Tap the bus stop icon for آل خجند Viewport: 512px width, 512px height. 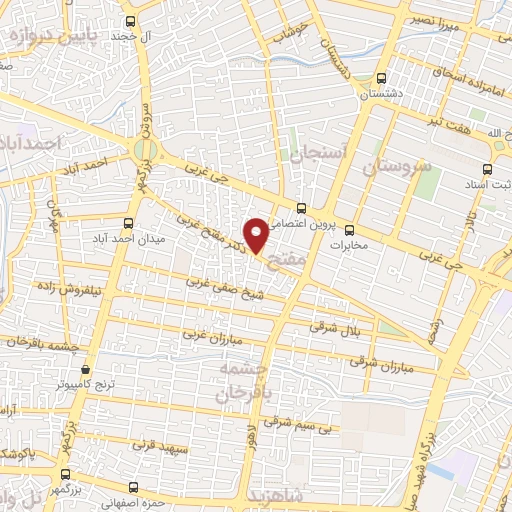click(x=130, y=21)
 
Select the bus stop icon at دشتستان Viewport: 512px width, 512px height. click(x=380, y=77)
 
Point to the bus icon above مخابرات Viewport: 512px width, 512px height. click(x=349, y=230)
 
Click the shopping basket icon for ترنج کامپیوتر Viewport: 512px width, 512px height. click(x=85, y=368)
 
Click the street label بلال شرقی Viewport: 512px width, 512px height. click(x=338, y=329)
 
